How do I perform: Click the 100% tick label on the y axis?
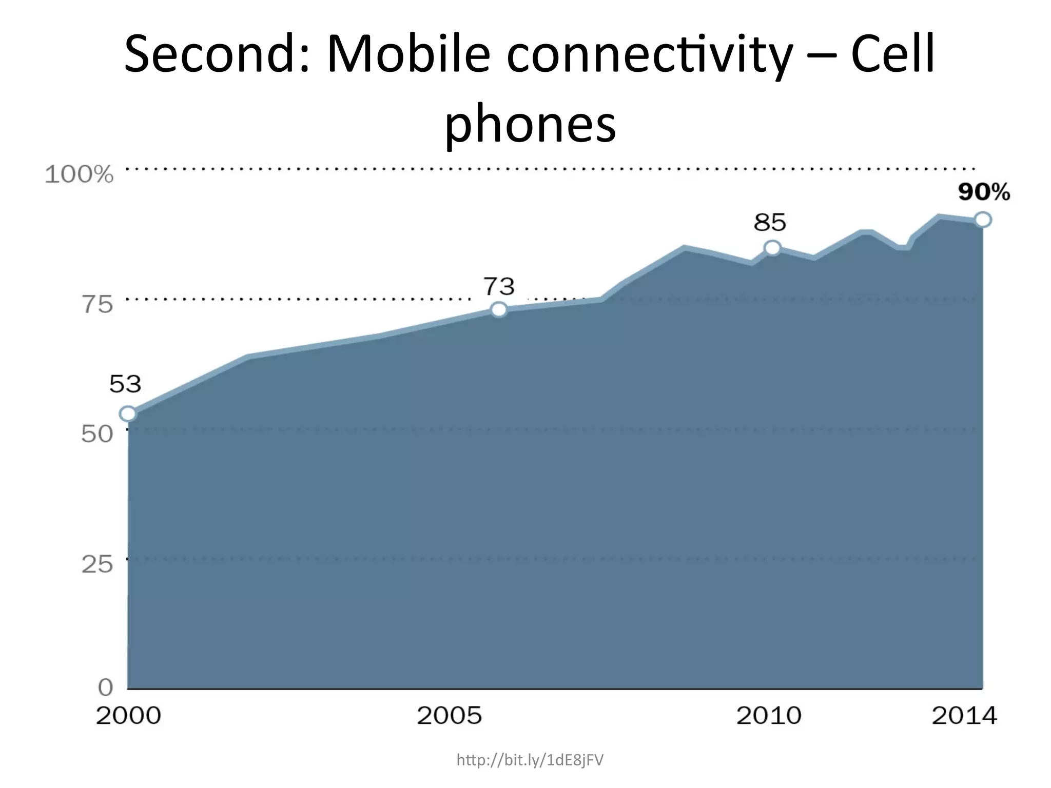[79, 175]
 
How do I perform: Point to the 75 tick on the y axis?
[97, 305]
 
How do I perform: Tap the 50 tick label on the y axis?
[97, 435]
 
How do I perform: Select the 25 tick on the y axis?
[97, 564]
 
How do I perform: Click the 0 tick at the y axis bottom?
[105, 687]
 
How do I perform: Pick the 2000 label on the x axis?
[128, 716]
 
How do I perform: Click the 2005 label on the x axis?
[449, 716]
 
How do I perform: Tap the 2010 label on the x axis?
[769, 716]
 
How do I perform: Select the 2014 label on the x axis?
[964, 716]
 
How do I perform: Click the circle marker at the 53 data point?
[128, 413]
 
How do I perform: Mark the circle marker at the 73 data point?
[499, 309]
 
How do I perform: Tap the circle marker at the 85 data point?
[772, 248]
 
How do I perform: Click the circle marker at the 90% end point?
[983, 220]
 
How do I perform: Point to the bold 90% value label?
[984, 192]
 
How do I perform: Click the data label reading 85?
[770, 223]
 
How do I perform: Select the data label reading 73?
[499, 286]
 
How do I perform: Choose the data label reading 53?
[125, 384]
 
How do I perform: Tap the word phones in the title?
[530, 124]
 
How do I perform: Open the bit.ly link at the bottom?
[530, 760]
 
